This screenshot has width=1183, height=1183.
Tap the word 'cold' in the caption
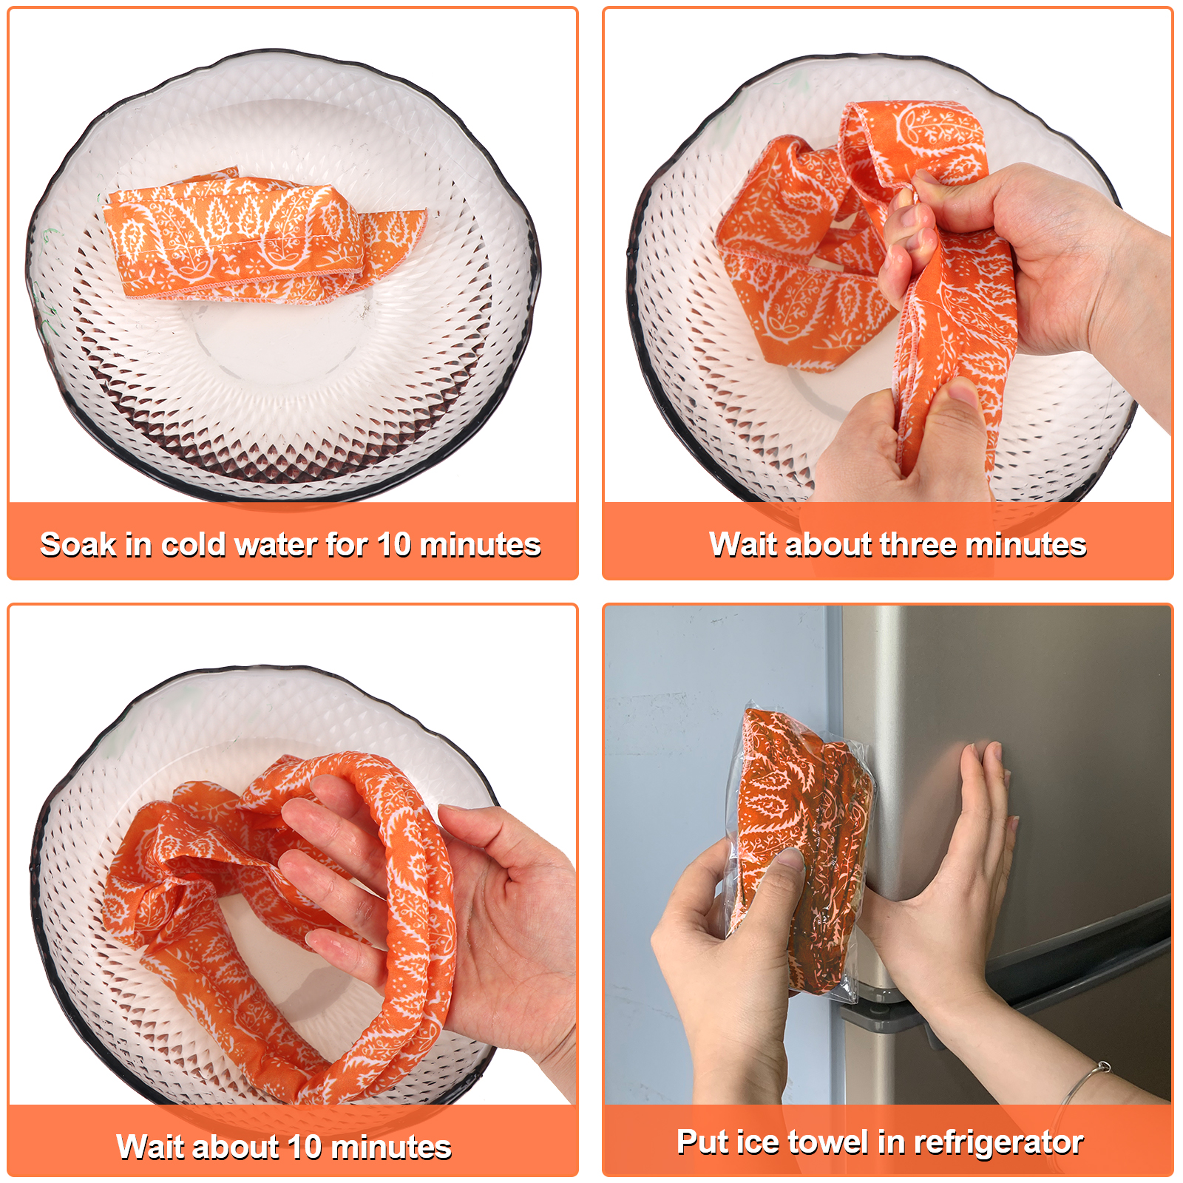[x=194, y=545]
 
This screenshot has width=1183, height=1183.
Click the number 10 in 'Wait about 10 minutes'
[x=305, y=1147]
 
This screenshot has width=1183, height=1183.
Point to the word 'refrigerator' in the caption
[x=999, y=1142]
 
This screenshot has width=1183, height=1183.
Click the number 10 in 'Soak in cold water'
[x=394, y=545]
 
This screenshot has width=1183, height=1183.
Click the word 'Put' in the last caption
[x=702, y=1142]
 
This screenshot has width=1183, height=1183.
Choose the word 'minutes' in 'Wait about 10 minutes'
[x=391, y=1147]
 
